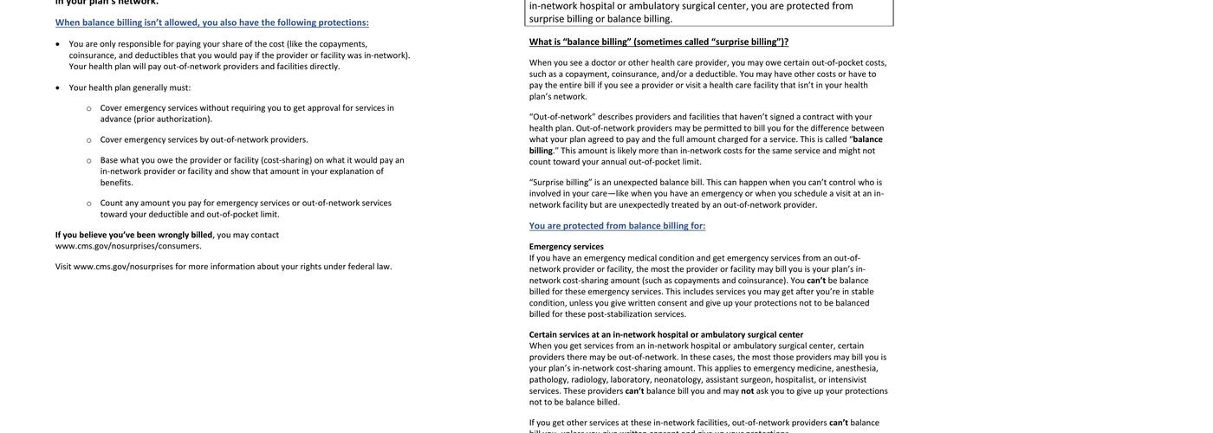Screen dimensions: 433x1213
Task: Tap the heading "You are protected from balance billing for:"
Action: pos(617,226)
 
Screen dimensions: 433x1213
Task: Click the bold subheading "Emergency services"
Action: pos(567,247)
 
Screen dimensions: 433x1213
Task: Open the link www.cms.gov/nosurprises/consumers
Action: pos(128,246)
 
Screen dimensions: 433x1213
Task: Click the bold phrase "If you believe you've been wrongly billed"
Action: pos(133,235)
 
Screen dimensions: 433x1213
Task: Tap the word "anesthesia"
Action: pos(857,368)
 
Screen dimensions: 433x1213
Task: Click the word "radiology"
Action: pos(589,379)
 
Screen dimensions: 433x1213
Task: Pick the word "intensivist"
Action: pos(847,379)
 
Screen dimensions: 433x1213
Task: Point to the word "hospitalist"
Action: pos(795,379)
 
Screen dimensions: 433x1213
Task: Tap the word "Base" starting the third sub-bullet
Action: pos(109,160)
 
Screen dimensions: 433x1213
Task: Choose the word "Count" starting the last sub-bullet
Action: pos(112,204)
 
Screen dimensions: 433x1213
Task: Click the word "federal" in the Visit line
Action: pos(360,267)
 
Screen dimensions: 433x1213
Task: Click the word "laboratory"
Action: pos(631,379)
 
